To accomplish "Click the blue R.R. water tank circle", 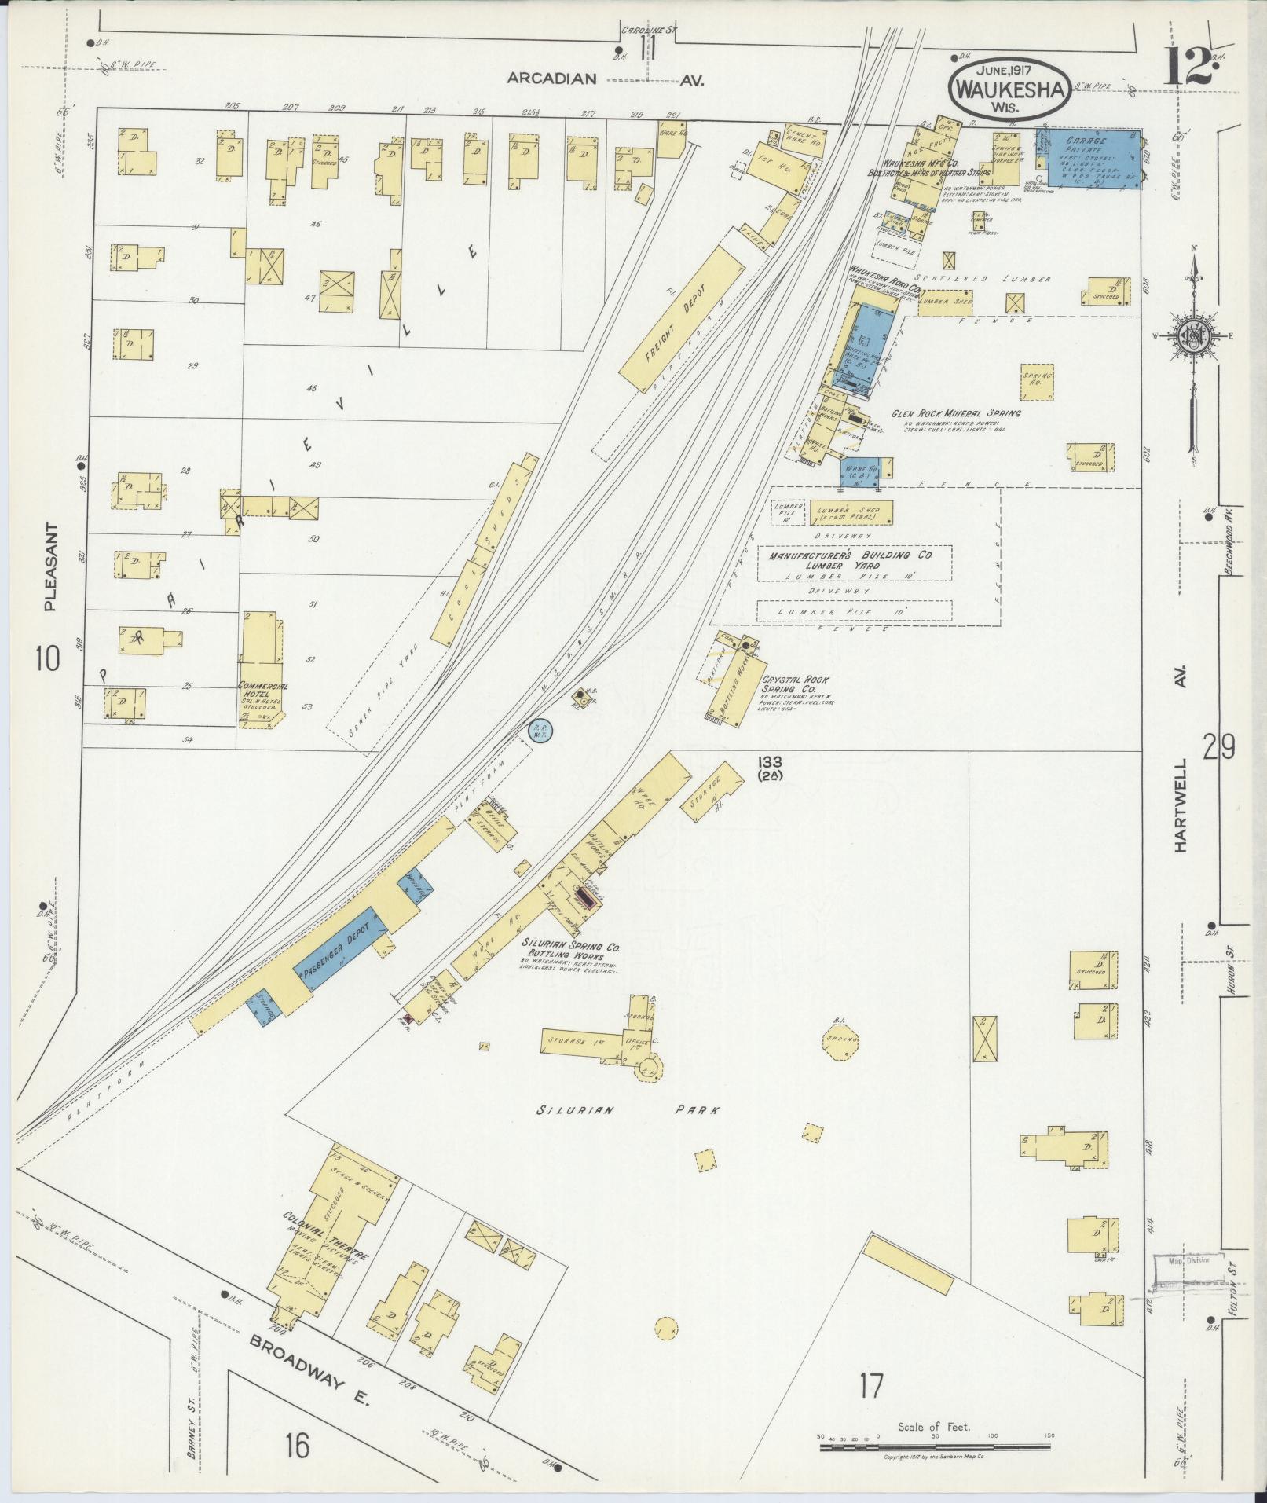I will coord(540,731).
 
